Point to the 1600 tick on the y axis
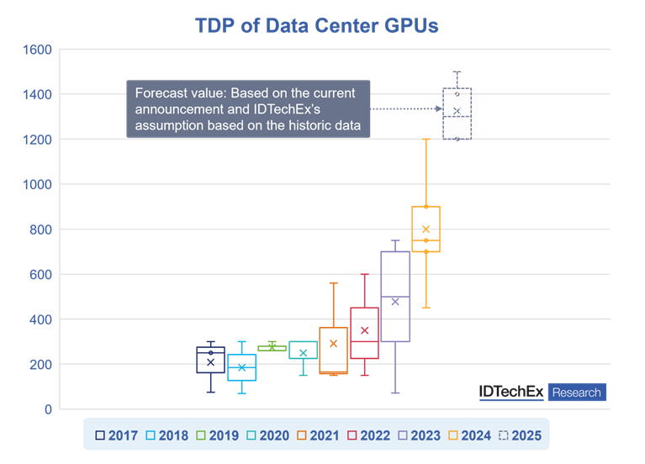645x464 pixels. (35, 50)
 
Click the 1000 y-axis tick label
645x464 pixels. (35, 184)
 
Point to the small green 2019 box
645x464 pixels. (272, 348)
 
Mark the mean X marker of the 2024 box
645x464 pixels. (426, 229)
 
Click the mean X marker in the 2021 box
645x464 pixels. (333, 344)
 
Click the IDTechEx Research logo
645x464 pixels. (541, 393)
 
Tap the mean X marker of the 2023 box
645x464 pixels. (395, 302)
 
